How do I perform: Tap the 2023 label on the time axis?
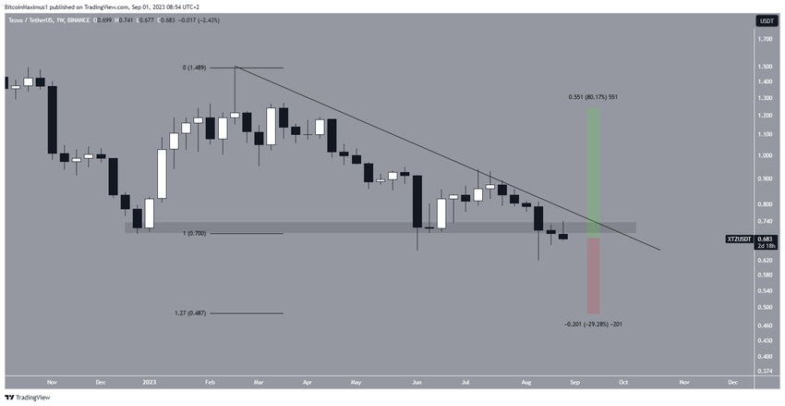pyautogui.click(x=149, y=381)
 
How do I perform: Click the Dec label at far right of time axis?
pyautogui.click(x=732, y=381)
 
